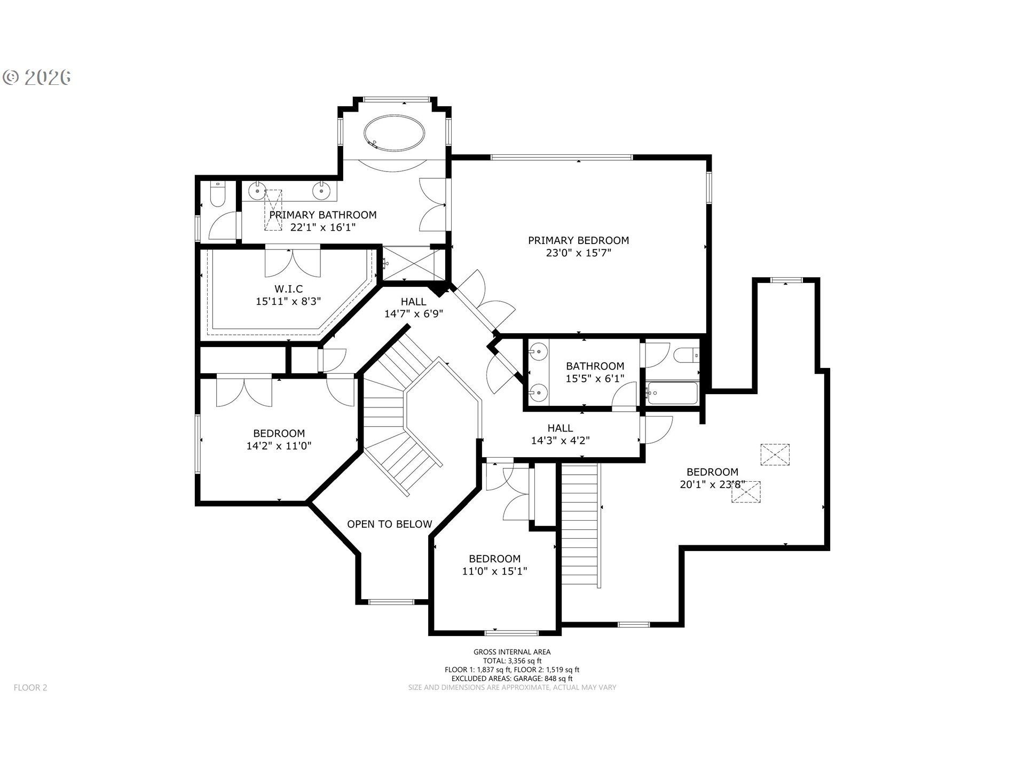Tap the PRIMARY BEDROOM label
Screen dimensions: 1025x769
coord(579,240)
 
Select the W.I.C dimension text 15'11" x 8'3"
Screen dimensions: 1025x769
coord(288,301)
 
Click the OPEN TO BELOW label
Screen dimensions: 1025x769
coord(390,524)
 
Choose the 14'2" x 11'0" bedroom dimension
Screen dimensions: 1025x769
coord(279,445)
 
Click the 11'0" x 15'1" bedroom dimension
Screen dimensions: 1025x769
coord(494,571)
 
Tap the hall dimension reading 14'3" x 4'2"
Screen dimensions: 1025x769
coord(560,441)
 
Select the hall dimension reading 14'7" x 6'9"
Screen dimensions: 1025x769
coord(414,314)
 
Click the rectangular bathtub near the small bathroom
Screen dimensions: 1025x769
coord(671,393)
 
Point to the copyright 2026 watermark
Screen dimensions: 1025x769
coord(37,77)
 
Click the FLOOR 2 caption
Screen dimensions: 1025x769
coord(30,687)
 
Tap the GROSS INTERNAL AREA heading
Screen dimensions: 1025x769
coord(512,652)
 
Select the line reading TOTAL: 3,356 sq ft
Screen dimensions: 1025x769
coord(512,661)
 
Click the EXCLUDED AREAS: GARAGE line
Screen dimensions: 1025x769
coord(512,678)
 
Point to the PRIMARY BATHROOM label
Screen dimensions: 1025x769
coord(323,215)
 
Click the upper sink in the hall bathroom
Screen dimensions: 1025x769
coord(539,351)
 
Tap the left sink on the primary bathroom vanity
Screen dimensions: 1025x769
coord(258,190)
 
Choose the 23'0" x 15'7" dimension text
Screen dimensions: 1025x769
coord(579,253)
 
